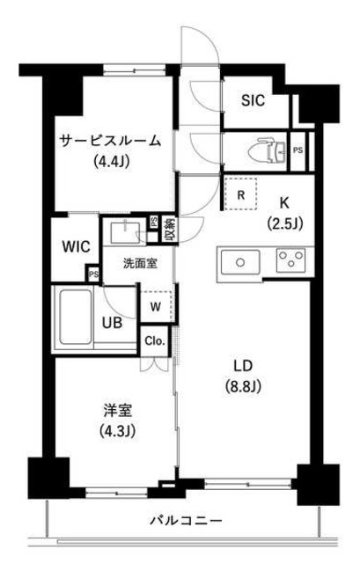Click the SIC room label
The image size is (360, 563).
click(256, 99)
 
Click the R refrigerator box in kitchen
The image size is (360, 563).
click(240, 195)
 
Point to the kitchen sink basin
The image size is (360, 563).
click(239, 262)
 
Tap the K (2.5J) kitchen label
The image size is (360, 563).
click(284, 213)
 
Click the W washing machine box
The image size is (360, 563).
click(154, 307)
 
